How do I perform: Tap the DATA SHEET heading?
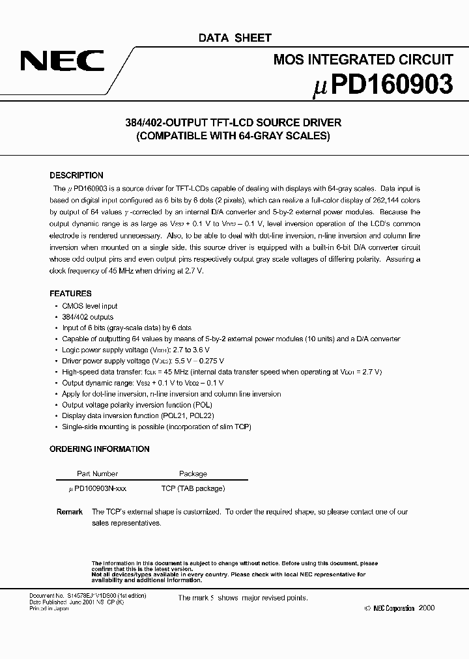[x=234, y=38]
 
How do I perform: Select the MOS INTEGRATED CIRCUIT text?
[x=363, y=60]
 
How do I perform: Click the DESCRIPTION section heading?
[x=76, y=175]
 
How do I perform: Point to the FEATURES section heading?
[x=70, y=294]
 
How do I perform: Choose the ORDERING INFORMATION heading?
[x=100, y=449]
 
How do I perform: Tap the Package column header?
[x=193, y=474]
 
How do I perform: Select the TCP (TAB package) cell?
[x=193, y=488]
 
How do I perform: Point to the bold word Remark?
[x=70, y=512]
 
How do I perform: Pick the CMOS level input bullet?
[x=91, y=306]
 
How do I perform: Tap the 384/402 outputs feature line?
[x=88, y=317]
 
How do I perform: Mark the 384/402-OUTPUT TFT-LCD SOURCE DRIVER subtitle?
[x=233, y=122]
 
